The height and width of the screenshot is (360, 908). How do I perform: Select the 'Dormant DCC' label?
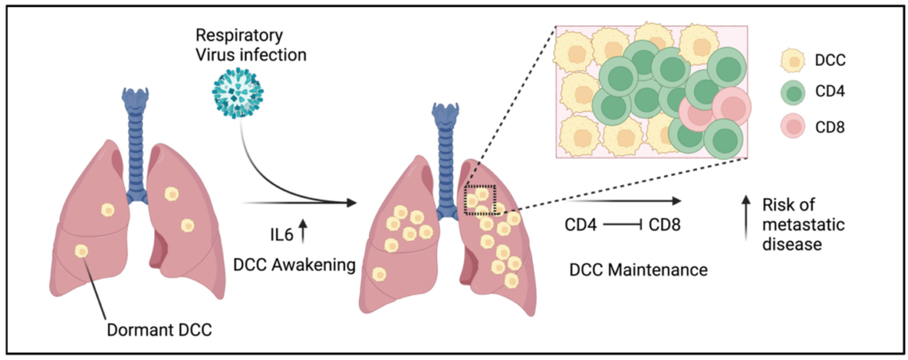[x=160, y=332]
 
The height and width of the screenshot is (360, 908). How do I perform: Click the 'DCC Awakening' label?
[x=294, y=266]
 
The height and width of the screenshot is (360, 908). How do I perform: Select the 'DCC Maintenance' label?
[x=638, y=270]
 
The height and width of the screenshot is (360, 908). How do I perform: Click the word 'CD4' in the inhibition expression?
[x=581, y=224]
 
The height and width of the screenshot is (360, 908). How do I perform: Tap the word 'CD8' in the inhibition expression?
[x=663, y=224]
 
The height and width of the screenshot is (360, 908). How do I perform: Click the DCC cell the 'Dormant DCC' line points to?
[x=82, y=251]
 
